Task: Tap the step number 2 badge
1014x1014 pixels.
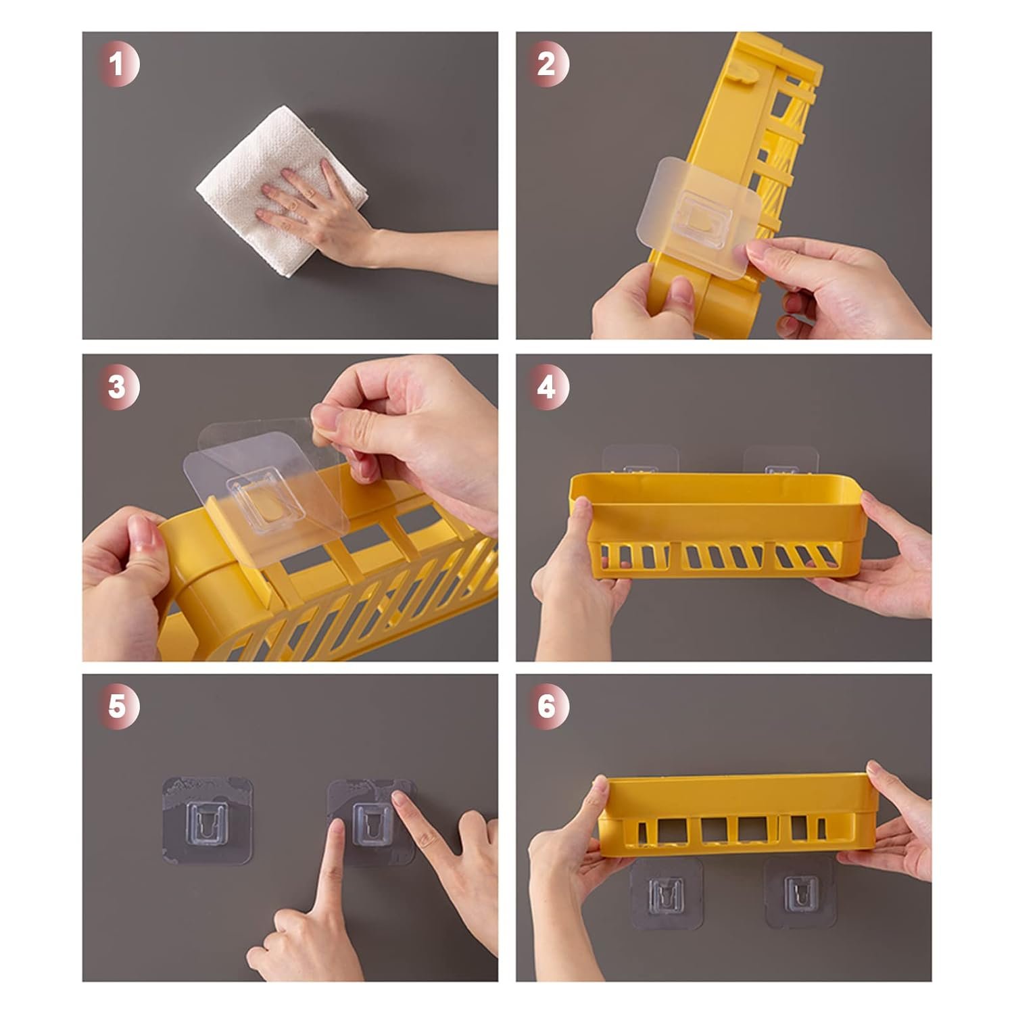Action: click(548, 65)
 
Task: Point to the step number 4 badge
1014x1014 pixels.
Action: click(548, 388)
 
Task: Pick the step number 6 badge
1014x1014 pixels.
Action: click(548, 706)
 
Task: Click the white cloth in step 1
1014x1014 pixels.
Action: click(282, 193)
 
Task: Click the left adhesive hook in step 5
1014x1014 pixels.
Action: click(207, 820)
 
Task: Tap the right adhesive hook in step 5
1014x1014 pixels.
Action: click(370, 820)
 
